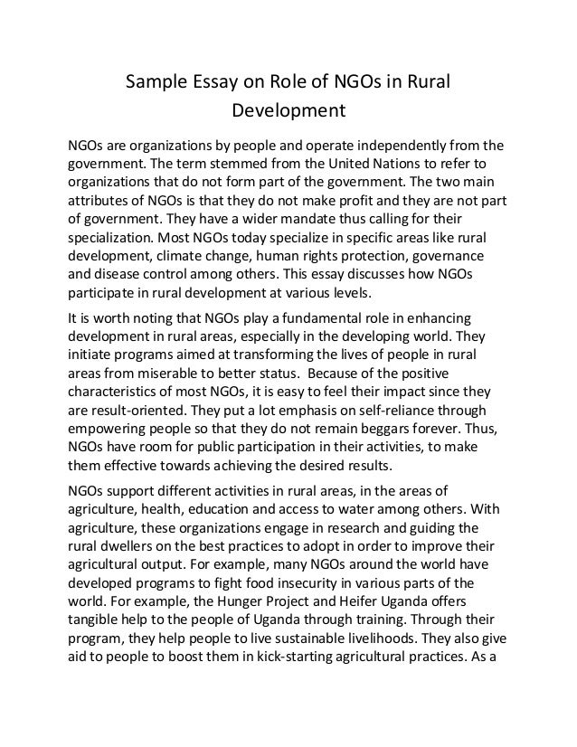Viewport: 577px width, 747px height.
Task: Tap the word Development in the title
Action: pos(289,114)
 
